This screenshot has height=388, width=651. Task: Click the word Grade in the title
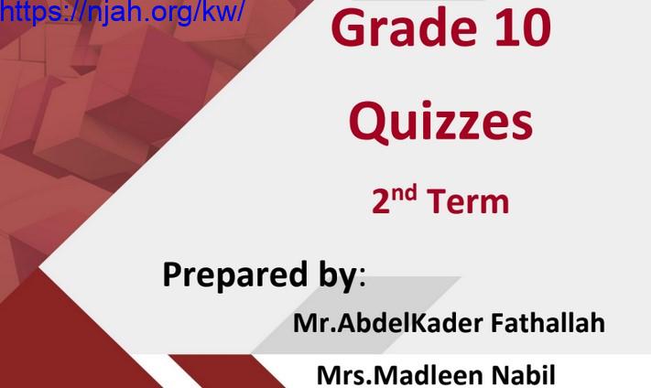tap(404, 27)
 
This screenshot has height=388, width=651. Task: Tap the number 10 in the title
tap(524, 27)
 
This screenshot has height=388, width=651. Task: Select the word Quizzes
tap(440, 122)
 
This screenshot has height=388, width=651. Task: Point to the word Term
tap(468, 201)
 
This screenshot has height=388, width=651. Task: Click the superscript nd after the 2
tap(404, 194)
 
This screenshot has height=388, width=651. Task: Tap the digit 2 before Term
tap(381, 201)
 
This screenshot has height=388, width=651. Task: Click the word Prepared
tap(234, 275)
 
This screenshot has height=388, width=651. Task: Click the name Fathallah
tap(548, 322)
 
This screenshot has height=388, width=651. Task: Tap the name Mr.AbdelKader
tap(388, 322)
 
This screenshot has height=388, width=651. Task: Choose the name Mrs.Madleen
tap(398, 374)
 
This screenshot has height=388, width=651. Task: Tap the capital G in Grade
tap(350, 27)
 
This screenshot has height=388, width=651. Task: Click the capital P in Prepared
tap(172, 275)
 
